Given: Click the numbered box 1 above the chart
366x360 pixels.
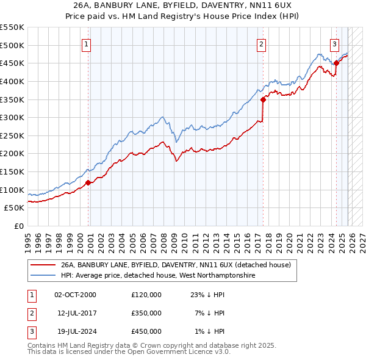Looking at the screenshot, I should pos(87,44).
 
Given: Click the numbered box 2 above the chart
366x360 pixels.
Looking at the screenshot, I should pos(261,44).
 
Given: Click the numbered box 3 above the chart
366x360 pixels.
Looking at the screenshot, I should pos(335,44).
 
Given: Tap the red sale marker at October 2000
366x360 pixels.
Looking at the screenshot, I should pos(88,182).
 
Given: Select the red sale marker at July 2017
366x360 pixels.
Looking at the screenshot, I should pos(263,99).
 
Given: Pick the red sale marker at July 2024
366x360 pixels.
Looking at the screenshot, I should pos(336,63).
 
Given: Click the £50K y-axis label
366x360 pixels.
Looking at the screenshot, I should pos(14,208).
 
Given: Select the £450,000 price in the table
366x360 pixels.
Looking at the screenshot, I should pos(146,331).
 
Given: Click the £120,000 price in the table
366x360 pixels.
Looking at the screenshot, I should pos(146,295).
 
